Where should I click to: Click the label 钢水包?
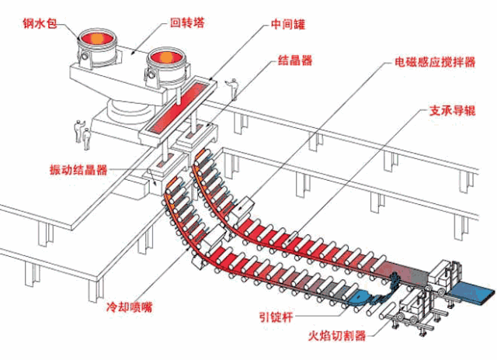tap(40, 22)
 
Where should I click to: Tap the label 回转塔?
tap(187, 22)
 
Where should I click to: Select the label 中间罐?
tap(288, 24)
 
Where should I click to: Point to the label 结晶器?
tap(295, 60)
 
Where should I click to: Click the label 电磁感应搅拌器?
tap(435, 62)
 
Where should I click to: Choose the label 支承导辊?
tap(453, 110)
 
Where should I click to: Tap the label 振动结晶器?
tap(78, 169)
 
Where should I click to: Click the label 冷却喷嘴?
tap(129, 306)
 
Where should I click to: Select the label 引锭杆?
tap(276, 317)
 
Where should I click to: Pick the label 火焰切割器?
tap(337, 335)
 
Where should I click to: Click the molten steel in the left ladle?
tap(97, 39)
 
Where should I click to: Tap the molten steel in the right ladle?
tap(165, 57)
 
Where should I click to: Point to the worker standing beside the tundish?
tap(233, 88)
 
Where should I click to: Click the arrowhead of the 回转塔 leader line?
tap(134, 53)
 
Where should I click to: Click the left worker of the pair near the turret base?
tap(78, 130)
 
